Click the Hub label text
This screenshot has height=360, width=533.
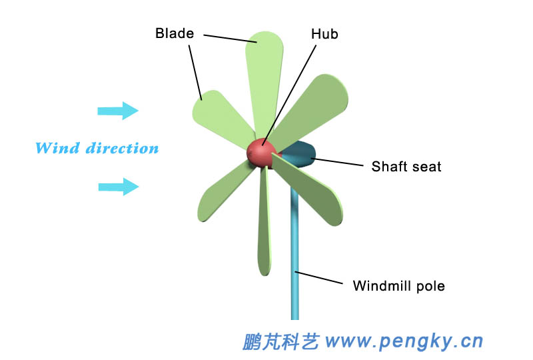pyautogui.click(x=324, y=33)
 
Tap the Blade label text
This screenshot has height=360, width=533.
pyautogui.click(x=174, y=33)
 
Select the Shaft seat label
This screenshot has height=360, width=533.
pyautogui.click(x=406, y=166)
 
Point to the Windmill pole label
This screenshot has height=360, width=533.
pyautogui.click(x=398, y=286)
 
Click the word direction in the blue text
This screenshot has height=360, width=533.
pyautogui.click(x=123, y=148)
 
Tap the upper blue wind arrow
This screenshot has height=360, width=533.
pyautogui.click(x=118, y=111)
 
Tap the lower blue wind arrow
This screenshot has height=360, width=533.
pyautogui.click(x=119, y=187)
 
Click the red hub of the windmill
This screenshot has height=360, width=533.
pyautogui.click(x=261, y=153)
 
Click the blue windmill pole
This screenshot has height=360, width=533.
pyautogui.click(x=294, y=267)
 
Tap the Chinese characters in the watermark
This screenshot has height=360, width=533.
pyautogui.click(x=280, y=341)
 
